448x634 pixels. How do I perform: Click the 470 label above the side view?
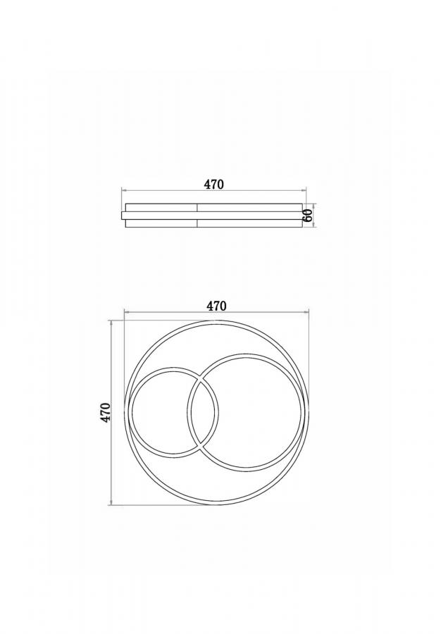(213, 185)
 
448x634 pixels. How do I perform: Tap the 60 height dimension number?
(308, 216)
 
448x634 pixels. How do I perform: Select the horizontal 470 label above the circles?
(216, 306)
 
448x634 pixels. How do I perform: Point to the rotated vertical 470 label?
(106, 412)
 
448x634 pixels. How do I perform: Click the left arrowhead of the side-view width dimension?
(124, 189)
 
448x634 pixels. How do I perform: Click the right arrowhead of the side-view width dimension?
(304, 189)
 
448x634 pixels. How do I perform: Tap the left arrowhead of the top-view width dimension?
(126, 312)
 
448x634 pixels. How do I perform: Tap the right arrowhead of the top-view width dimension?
(306, 312)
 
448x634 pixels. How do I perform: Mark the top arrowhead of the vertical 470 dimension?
(111, 322)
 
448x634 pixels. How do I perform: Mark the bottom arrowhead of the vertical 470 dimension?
(111, 502)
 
